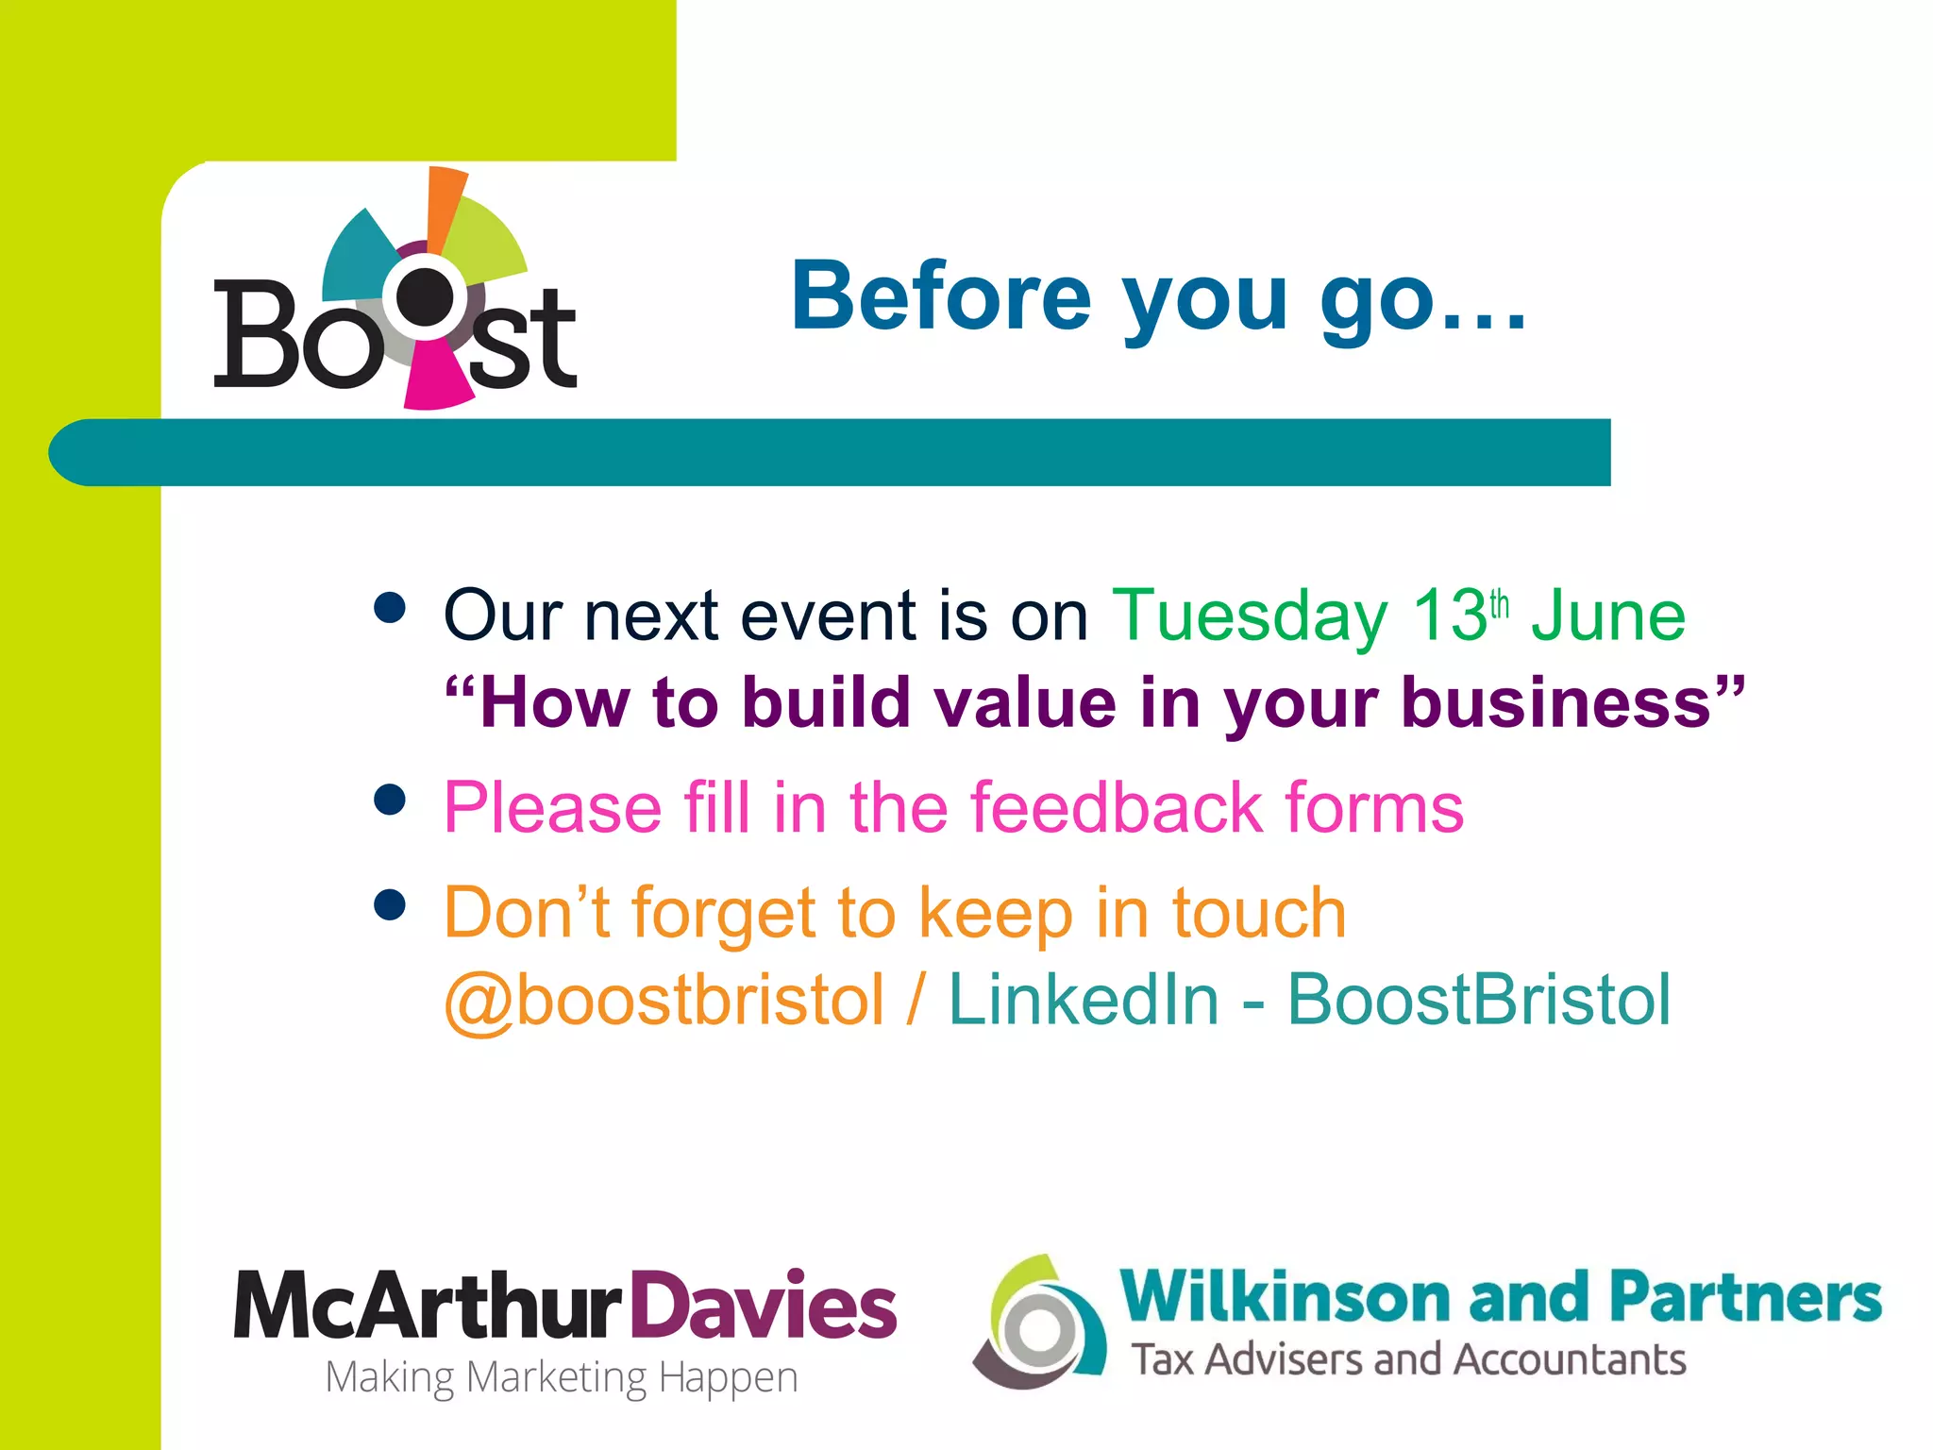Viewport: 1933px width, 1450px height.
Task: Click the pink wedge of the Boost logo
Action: point(435,377)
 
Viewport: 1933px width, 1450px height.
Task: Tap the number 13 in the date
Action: point(1449,615)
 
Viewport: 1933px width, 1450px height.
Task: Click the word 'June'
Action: point(1608,615)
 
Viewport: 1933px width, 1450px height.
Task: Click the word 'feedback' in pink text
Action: point(1117,808)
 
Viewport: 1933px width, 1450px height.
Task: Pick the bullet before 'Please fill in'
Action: point(389,800)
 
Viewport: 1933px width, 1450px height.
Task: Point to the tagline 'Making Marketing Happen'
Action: point(562,1377)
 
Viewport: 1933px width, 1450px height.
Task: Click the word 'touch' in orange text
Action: point(1259,913)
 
